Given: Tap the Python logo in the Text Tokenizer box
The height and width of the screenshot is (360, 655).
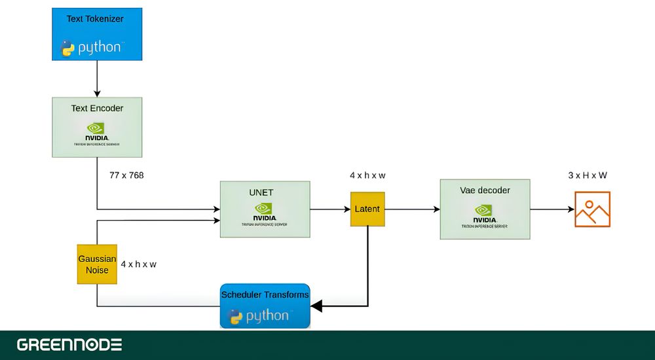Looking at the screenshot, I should point(91,48).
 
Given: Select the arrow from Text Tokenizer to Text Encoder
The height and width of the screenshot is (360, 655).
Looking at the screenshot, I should point(97,79).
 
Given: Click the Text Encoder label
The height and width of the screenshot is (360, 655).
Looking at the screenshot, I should point(97,108).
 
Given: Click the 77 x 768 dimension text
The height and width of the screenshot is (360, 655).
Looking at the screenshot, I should point(126,175).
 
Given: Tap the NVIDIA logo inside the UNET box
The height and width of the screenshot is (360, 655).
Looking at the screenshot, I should point(264,211).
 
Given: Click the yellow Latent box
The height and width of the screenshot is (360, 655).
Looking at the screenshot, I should point(367,209).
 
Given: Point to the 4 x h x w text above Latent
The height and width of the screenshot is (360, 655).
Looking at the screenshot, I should point(367,175).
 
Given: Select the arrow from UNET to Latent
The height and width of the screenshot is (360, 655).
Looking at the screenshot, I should point(330,209).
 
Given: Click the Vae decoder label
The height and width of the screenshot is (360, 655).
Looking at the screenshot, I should point(485,190).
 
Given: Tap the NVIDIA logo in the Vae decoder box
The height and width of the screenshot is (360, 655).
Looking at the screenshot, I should point(485,212).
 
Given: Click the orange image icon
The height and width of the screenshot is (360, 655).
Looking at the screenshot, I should point(592,209).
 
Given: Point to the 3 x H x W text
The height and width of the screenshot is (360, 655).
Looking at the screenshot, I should point(588,175).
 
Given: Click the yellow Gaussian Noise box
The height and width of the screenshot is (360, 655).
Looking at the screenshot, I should point(97,264).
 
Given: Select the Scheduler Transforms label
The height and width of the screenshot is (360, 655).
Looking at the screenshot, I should point(265,295).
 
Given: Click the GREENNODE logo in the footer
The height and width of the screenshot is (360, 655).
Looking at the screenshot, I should point(69,344).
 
